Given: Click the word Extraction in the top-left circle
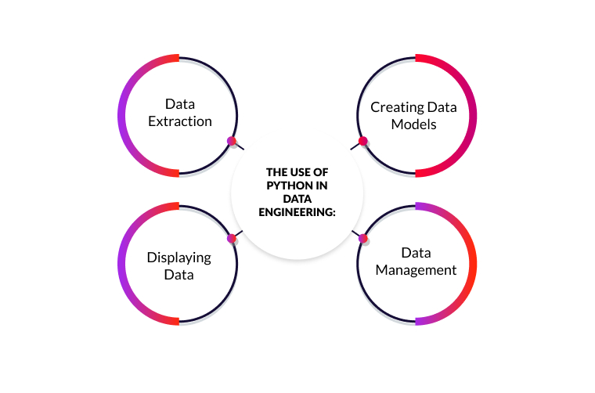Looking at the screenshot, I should click(x=180, y=121).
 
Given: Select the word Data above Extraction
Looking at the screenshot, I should click(x=180, y=103).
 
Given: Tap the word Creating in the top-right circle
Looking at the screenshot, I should click(x=396, y=107).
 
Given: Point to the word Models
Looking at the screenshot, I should click(x=415, y=124).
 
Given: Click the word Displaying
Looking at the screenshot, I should click(x=179, y=257).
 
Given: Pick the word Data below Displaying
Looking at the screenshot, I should click(x=179, y=275).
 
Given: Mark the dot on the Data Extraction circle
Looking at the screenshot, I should click(x=231, y=141).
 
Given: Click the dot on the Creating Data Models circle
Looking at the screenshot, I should click(x=363, y=141).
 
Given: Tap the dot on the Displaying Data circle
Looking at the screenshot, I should click(x=231, y=238).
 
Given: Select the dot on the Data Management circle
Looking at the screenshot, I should click(x=363, y=238).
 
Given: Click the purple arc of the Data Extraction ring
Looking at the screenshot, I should click(x=123, y=115).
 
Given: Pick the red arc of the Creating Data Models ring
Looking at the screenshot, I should click(x=472, y=115).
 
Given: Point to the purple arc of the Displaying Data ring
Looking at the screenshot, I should click(x=123, y=264).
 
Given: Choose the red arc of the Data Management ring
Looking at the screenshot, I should click(x=472, y=264).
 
